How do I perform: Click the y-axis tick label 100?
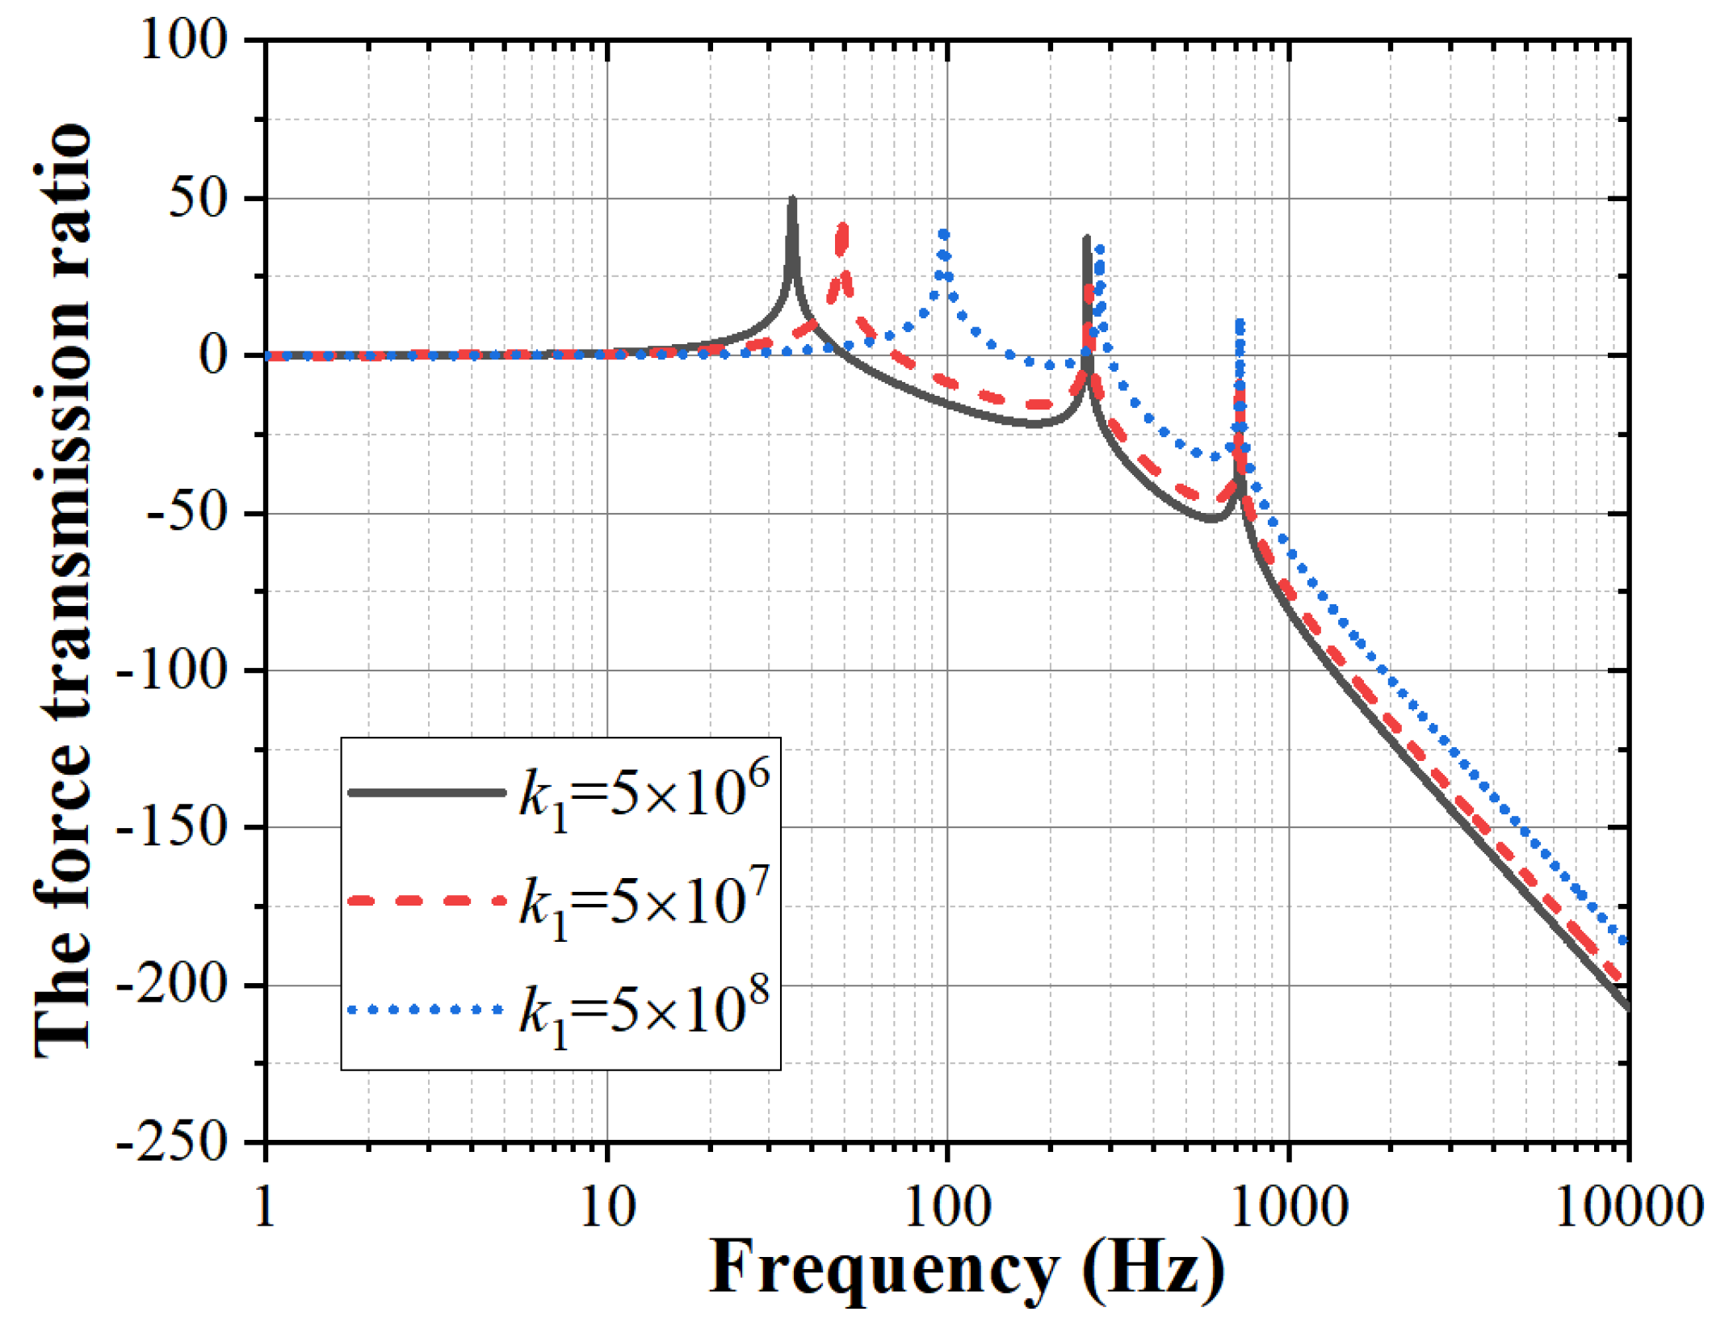[x=183, y=40]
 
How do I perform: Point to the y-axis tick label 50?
[x=198, y=199]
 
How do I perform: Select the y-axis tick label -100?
[x=172, y=671]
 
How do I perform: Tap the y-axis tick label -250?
[x=172, y=1143]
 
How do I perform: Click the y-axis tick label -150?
[x=172, y=828]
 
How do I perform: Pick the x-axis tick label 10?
[x=607, y=1209]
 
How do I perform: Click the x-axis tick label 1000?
[x=1287, y=1209]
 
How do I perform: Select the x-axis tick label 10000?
[x=1626, y=1209]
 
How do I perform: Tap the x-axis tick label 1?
[x=266, y=1209]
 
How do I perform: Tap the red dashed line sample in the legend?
[x=426, y=901]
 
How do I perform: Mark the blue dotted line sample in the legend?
[x=426, y=1010]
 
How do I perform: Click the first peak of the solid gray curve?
[x=793, y=200]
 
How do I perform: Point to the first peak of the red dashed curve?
[x=843, y=227]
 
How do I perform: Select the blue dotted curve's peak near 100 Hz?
[x=944, y=234]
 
